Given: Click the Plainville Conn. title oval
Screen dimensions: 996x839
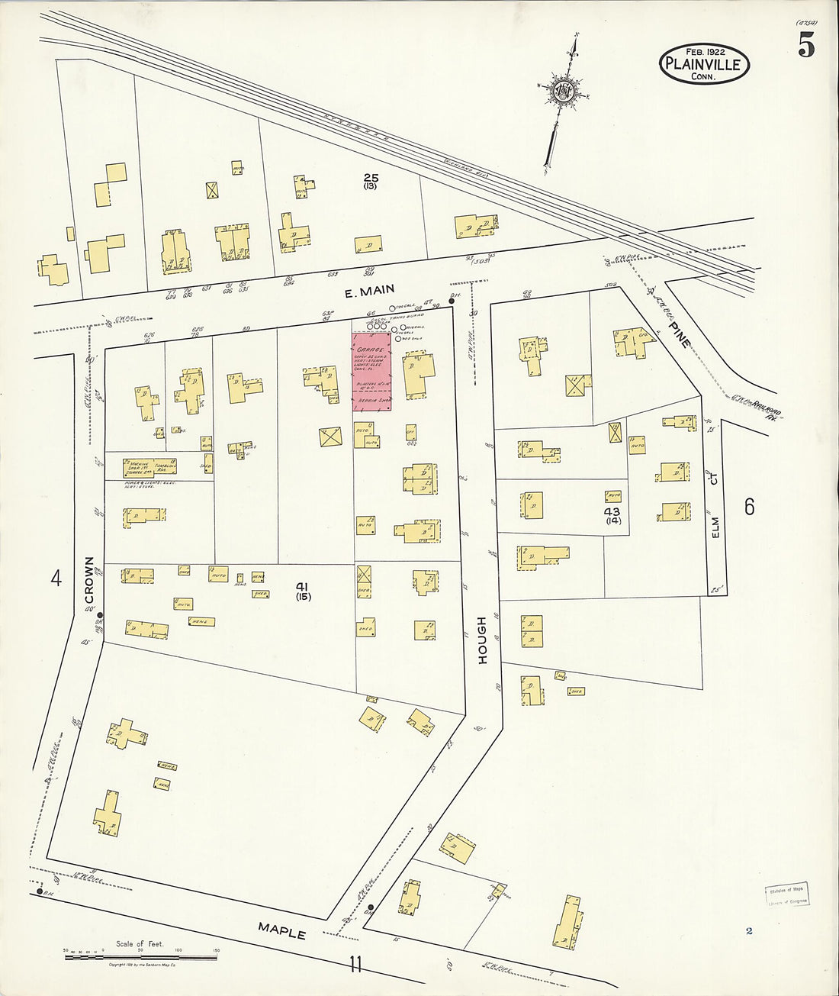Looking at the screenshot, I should point(704,64).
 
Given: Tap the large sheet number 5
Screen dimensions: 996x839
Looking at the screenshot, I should point(806,47).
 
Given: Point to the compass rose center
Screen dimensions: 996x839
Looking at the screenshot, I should point(564,92).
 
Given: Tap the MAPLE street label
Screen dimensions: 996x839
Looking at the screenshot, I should point(281,930).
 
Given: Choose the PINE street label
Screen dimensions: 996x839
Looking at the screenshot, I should point(678,334).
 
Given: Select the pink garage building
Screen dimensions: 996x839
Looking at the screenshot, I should point(371,371).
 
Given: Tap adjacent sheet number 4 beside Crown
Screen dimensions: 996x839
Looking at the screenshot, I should point(56,579).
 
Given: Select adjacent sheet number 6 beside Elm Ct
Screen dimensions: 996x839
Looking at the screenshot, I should point(749,506).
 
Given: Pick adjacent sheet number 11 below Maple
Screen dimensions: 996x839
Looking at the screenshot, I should point(355,965).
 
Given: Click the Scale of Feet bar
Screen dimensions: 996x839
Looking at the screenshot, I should point(140,955).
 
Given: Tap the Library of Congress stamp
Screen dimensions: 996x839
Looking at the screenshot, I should point(787,894).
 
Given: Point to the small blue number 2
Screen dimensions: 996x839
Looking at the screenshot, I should point(749,930).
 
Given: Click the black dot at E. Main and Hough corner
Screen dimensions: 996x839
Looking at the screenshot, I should point(452,301).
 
